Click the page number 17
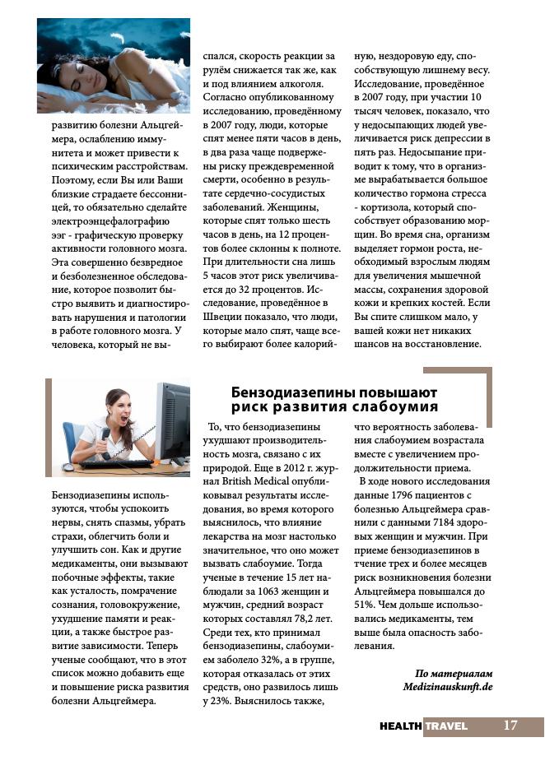tap(510, 726)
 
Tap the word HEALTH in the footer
tap(401, 726)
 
